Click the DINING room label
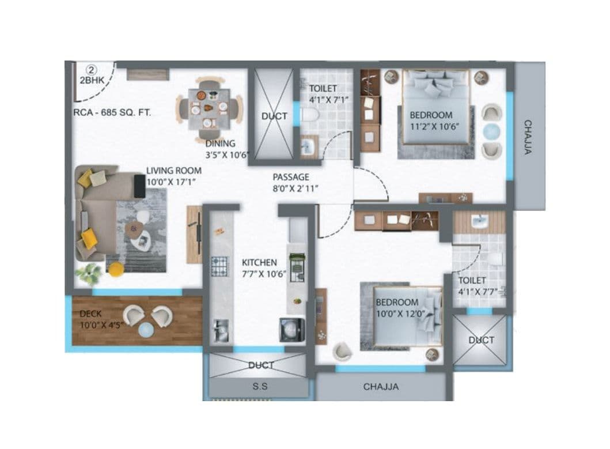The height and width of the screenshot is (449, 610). pos(220,144)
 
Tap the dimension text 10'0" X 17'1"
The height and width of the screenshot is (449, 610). pos(174,182)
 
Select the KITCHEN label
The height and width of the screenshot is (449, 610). pos(259,262)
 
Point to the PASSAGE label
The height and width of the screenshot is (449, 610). pos(291,177)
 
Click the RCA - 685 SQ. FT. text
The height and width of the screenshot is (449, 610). pos(112,113)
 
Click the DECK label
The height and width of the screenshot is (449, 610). pos(91,314)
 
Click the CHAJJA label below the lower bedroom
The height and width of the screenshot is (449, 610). pos(381,387)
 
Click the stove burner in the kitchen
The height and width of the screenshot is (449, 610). pos(219,266)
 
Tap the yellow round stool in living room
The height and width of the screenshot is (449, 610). pos(116,268)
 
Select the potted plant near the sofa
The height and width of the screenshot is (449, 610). pos(88,274)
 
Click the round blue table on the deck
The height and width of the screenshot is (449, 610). pos(147,329)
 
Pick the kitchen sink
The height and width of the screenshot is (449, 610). pos(219,331)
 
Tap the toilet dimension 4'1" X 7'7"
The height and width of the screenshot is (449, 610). pos(478,292)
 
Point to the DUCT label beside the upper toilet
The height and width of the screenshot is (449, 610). pos(274,116)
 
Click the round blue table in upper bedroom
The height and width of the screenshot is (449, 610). pos(491,131)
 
